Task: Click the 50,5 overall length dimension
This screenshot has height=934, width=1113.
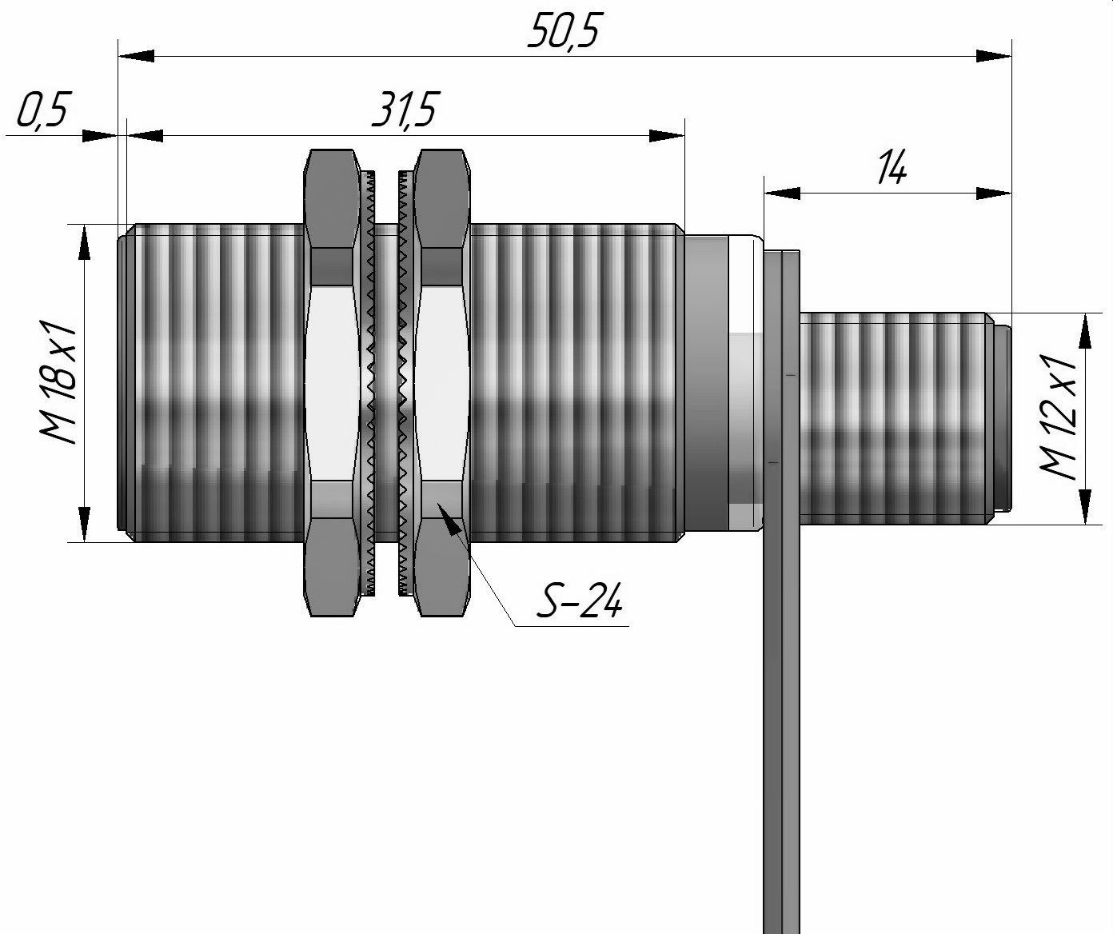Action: pos(564,30)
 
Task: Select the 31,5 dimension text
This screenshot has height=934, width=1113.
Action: pos(405,110)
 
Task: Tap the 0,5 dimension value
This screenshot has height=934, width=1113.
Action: pos(43,110)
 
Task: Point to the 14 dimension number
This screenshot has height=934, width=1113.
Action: pos(891,167)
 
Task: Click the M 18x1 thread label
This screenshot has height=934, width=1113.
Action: pos(58,381)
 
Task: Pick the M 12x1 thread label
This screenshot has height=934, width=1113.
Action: pos(1057,417)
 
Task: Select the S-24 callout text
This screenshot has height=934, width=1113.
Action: pos(579,601)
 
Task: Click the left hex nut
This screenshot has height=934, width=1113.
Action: pos(332,383)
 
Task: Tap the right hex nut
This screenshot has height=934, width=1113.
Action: pos(442,383)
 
